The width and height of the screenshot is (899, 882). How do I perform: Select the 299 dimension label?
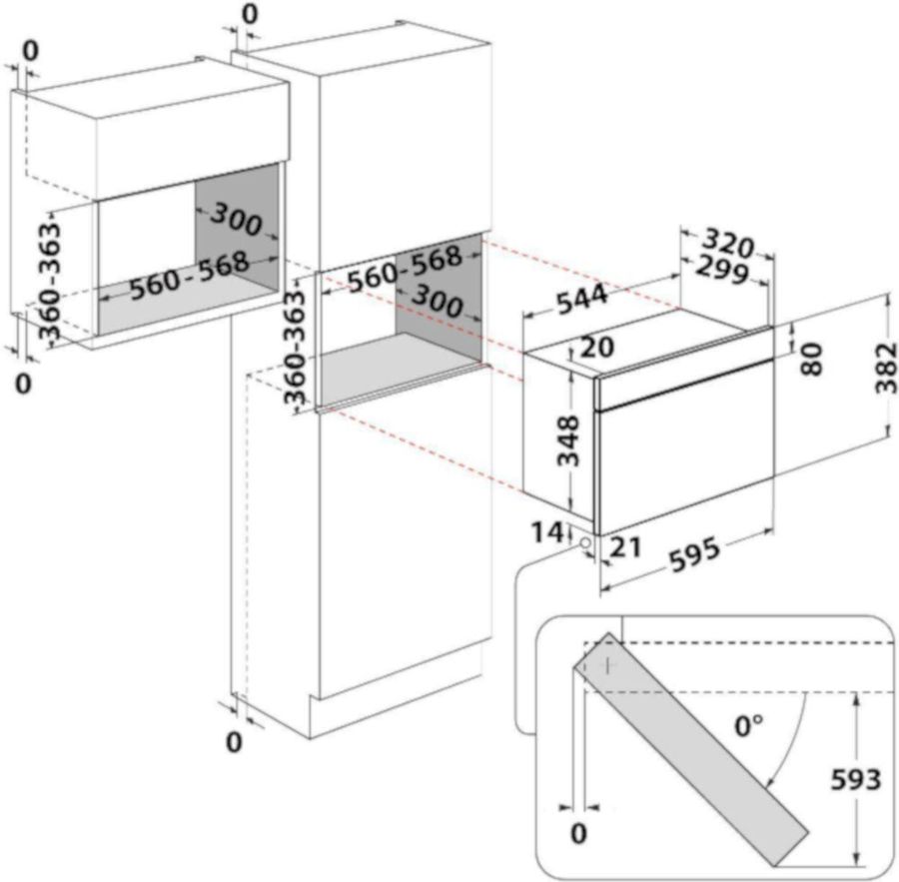coord(724,270)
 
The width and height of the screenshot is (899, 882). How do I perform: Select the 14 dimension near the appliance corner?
coord(546,532)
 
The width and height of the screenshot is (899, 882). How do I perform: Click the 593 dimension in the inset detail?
coord(855,779)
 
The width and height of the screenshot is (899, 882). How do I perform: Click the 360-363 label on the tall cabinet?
coord(296,346)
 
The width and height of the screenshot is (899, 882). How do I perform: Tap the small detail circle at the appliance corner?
coord(581,542)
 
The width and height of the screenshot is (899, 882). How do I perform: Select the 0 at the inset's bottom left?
coord(578,832)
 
